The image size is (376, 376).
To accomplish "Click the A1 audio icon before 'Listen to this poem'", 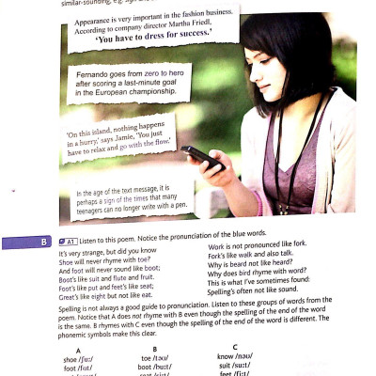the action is pyautogui.click(x=70, y=242).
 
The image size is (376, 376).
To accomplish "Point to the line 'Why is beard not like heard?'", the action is pyautogui.click(x=249, y=265).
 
